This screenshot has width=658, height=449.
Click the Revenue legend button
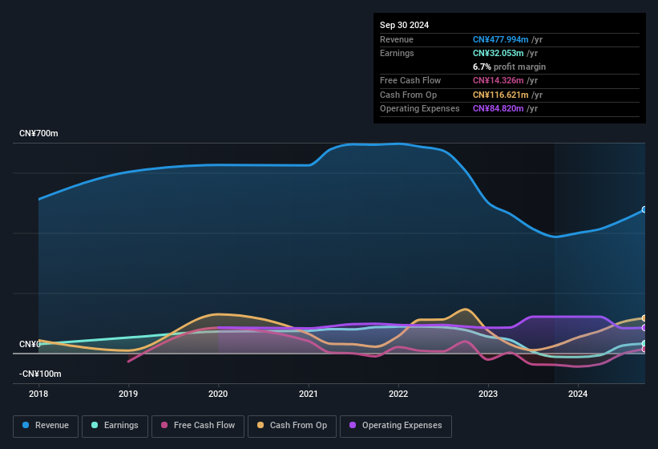coord(46,426)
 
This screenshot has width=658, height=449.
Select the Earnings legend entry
coord(115,426)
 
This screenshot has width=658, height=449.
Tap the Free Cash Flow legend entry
coord(198,426)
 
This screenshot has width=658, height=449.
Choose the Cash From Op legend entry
coord(292,426)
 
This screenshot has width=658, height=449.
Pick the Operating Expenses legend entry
coord(396,426)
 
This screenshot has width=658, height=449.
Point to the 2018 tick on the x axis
coord(38,394)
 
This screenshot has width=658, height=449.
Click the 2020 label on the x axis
coord(218,394)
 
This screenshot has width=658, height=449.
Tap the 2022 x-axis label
coord(398,394)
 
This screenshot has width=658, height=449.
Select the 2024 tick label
coord(578,394)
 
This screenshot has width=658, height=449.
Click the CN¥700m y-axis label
coord(38,133)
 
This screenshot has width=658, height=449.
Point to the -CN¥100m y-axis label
coord(40,374)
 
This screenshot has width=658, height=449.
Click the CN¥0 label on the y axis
coord(29,344)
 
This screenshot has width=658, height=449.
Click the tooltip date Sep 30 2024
coord(404,25)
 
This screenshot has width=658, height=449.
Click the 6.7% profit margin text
coord(509,67)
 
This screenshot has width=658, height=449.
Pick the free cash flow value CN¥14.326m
coord(499,80)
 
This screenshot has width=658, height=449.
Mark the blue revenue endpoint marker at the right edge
coord(644,209)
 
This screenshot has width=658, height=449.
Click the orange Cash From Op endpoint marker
coord(644,318)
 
